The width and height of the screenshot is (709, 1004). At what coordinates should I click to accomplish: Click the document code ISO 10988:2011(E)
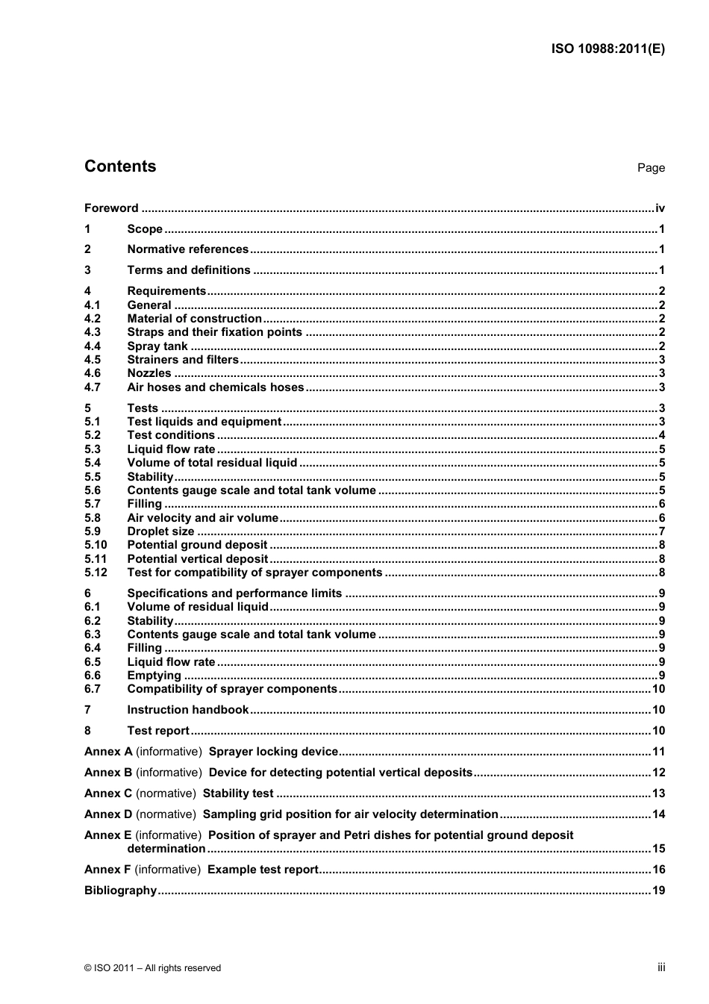click(608, 49)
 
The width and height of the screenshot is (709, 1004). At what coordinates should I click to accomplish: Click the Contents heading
click(120, 166)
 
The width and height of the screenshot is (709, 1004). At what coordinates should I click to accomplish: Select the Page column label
click(651, 168)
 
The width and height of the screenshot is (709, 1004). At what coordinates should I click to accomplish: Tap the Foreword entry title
click(111, 208)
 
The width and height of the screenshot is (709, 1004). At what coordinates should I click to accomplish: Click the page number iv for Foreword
click(660, 208)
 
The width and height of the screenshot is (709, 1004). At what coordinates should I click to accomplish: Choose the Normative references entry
click(187, 249)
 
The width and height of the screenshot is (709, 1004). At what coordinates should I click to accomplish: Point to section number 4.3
click(92, 332)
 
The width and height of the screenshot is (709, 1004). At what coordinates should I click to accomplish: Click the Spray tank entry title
click(157, 346)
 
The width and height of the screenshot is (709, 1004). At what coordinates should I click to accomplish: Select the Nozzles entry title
click(149, 373)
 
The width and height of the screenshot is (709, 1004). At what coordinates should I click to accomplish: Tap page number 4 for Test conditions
click(661, 435)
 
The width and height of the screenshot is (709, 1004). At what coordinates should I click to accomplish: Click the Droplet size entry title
click(160, 531)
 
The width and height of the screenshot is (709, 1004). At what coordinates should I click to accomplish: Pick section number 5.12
click(96, 573)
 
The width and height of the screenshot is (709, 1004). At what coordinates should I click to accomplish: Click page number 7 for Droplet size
click(661, 531)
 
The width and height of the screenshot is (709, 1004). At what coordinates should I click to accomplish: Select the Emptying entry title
click(154, 676)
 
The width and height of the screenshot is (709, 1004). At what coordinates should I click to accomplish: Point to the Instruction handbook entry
click(187, 710)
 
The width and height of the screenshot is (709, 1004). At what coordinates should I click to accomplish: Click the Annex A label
click(108, 752)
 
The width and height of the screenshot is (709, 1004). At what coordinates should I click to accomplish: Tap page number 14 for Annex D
click(658, 814)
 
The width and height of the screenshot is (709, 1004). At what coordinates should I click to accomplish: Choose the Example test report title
click(263, 870)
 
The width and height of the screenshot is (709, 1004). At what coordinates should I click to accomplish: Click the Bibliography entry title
click(120, 891)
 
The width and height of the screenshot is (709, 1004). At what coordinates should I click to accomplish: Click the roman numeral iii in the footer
click(661, 967)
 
